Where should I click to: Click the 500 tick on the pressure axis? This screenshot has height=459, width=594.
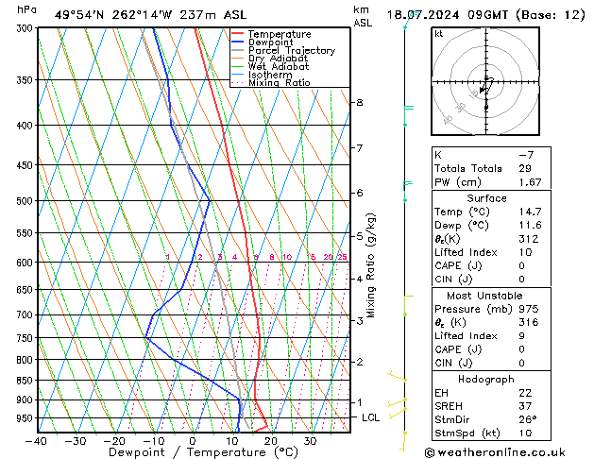[x=25, y=200]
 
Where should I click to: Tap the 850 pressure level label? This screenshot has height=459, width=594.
[x=25, y=381]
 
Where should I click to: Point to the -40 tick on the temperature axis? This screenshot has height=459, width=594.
[x=38, y=441]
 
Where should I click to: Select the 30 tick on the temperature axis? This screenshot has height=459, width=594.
[x=311, y=441]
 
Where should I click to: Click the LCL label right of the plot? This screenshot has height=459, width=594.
[x=370, y=417]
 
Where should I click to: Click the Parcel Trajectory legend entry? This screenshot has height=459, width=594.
[x=291, y=51]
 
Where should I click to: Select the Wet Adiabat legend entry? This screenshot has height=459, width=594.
[x=280, y=67]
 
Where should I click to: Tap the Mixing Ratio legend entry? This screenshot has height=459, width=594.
[x=279, y=83]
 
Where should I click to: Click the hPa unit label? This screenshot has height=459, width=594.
[x=27, y=9]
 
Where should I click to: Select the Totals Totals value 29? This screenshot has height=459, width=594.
[x=525, y=168]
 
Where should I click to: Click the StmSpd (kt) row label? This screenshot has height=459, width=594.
[x=467, y=434]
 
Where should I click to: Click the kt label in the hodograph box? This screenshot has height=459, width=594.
[x=438, y=33]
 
